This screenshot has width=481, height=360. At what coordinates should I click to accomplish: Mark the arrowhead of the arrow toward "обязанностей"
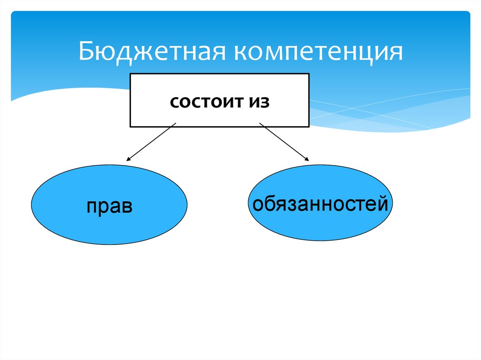coord(308,161)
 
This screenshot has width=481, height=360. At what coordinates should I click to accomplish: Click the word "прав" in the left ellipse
coord(109,207)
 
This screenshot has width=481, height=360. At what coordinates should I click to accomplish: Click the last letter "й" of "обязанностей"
coord(384,203)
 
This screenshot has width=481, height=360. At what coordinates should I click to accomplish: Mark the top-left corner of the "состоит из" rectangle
coord(130,73)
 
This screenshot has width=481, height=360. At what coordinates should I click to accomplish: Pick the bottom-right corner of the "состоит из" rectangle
coord(309,126)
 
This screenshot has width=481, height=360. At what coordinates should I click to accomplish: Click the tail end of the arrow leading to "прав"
coord(175,124)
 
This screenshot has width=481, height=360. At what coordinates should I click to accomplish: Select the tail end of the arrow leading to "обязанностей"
coord(260,123)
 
